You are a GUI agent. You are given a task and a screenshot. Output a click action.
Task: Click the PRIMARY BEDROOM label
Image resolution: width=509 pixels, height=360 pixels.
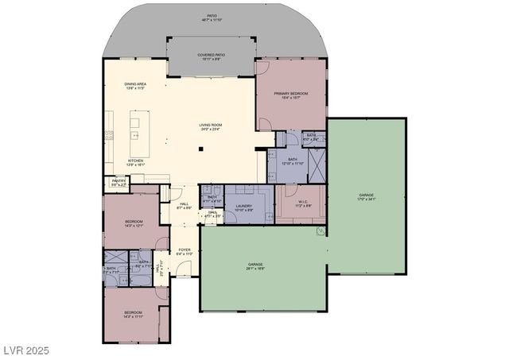(290, 96)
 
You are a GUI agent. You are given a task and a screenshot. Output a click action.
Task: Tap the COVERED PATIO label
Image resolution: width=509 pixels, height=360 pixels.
(211, 56)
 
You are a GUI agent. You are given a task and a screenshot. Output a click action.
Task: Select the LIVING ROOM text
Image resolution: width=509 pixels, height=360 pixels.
(210, 127)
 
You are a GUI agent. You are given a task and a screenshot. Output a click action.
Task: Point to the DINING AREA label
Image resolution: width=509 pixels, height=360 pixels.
(135, 86)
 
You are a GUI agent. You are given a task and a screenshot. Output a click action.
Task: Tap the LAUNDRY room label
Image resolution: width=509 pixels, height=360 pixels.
(244, 207)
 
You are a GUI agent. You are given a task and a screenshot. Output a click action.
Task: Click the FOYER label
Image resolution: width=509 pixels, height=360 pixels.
(185, 252)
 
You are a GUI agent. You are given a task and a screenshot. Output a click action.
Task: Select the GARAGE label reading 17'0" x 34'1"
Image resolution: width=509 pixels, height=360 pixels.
(366, 196)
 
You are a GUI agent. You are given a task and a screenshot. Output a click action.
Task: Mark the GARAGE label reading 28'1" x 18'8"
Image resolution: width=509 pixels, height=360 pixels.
(254, 266)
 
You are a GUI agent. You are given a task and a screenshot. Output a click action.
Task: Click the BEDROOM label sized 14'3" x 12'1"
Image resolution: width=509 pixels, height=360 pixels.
(133, 223)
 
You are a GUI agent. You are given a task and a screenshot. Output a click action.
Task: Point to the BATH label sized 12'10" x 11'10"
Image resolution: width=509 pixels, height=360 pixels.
(293, 161)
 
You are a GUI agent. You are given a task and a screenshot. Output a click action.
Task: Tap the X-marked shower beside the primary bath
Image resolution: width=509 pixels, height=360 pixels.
(316, 165)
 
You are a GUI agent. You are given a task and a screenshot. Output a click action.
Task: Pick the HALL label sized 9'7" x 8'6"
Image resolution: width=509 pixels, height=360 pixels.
(184, 206)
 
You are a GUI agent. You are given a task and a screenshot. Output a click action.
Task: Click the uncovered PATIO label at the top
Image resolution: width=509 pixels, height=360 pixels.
(212, 17)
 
